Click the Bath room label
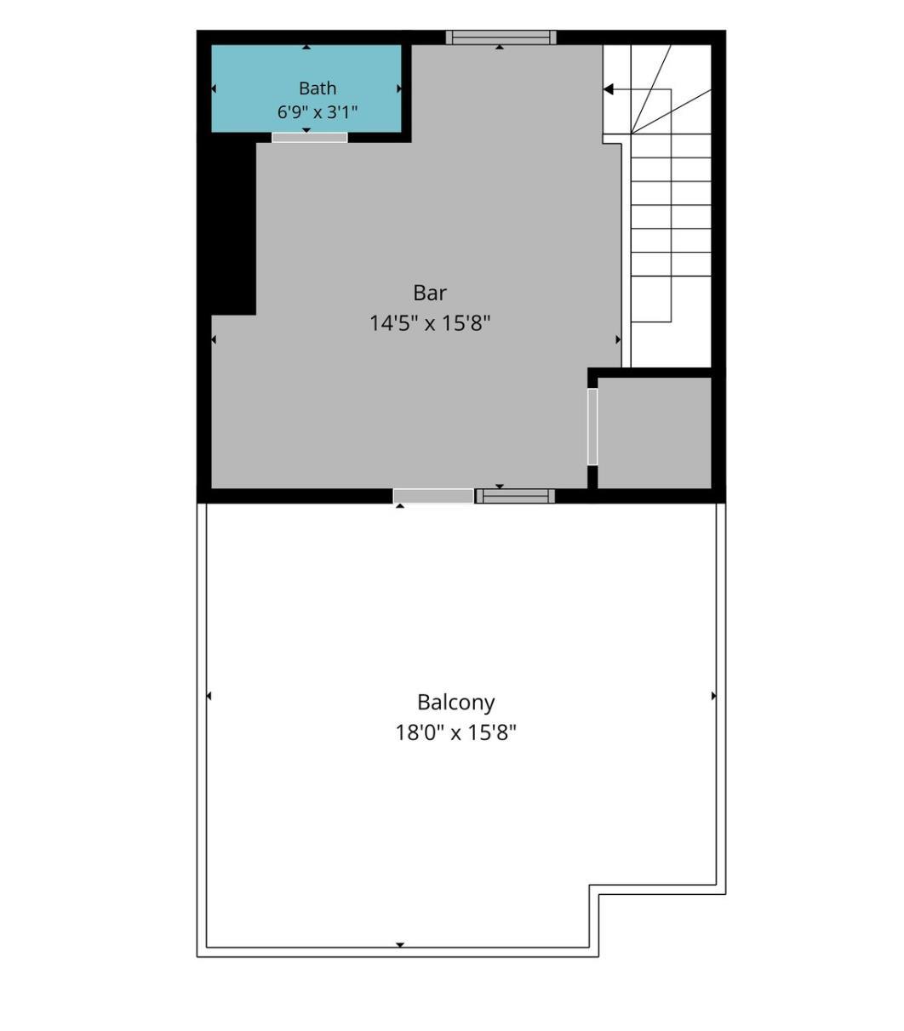coord(318,88)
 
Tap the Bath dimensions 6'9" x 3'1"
coord(318,112)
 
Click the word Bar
coord(430,293)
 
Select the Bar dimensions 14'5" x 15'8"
coord(430,323)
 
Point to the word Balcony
coord(455,703)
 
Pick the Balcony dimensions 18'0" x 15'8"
coord(455,733)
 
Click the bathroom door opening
coord(310,138)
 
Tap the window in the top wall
coord(501,37)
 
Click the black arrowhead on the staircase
coord(608,89)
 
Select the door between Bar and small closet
coord(592,426)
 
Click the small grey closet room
coord(655,432)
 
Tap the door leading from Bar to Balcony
coord(433,496)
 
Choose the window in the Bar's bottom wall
coord(515,496)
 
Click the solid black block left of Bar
coord(233,229)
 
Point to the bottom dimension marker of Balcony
coord(400,945)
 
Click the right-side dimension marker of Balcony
coord(713,696)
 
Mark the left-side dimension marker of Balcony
coord(209,696)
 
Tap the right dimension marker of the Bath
coord(399,88)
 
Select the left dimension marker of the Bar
coord(214,339)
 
